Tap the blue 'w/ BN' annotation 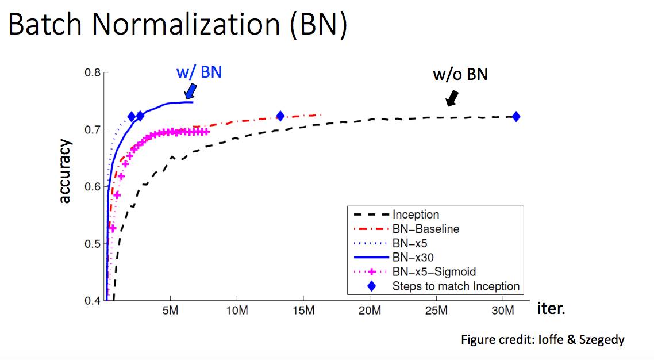[198, 73]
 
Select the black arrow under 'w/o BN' [453, 97]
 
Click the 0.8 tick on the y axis [93, 73]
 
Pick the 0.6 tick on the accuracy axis [93, 187]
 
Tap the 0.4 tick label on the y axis [93, 300]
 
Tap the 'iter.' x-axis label [551, 309]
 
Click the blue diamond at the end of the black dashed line [516, 117]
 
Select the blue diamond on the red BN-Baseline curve [280, 116]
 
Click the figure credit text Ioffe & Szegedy [542, 340]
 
